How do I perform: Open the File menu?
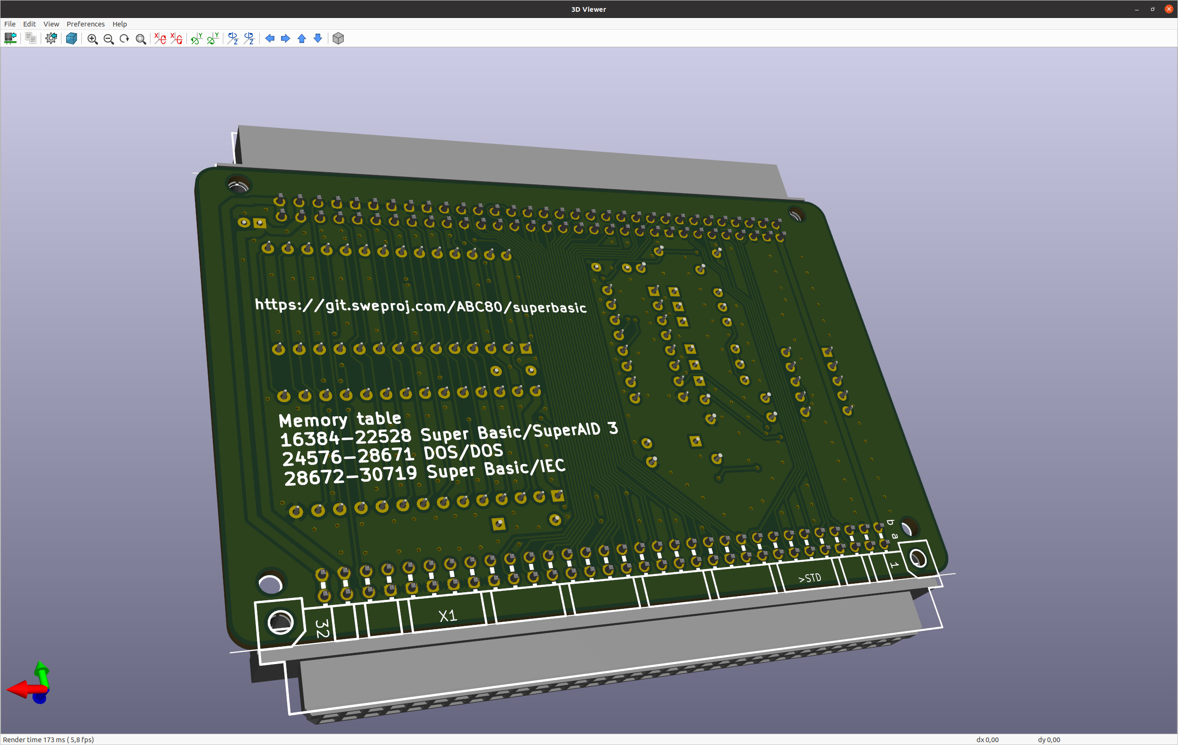(x=10, y=24)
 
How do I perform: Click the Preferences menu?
(x=86, y=24)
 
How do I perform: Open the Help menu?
(x=120, y=24)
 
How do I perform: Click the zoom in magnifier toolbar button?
(x=92, y=39)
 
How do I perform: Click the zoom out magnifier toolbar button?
(x=109, y=39)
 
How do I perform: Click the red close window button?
(x=1169, y=9)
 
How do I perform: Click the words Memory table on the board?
(x=340, y=419)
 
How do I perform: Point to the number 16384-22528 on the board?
(x=346, y=437)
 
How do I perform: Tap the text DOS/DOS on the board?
(x=463, y=452)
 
